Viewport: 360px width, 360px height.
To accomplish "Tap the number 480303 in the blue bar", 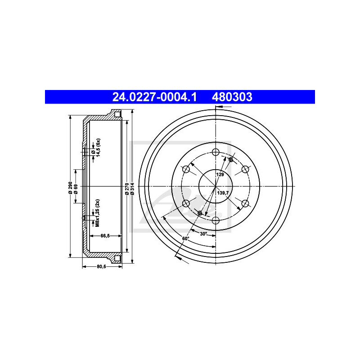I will pos(232,97).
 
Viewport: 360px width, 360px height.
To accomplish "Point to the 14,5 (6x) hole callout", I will pos(97,147).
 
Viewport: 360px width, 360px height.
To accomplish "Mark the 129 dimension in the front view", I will pos(220,174).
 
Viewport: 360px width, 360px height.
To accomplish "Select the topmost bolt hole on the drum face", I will pos(216,152).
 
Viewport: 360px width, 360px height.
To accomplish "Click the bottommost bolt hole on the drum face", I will pos(216,220).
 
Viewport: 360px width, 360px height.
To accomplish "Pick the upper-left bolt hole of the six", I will pos(186,169).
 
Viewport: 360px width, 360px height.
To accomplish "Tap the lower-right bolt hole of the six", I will pos(245,203).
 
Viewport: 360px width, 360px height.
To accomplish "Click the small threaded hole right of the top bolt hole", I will pos(231,160).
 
